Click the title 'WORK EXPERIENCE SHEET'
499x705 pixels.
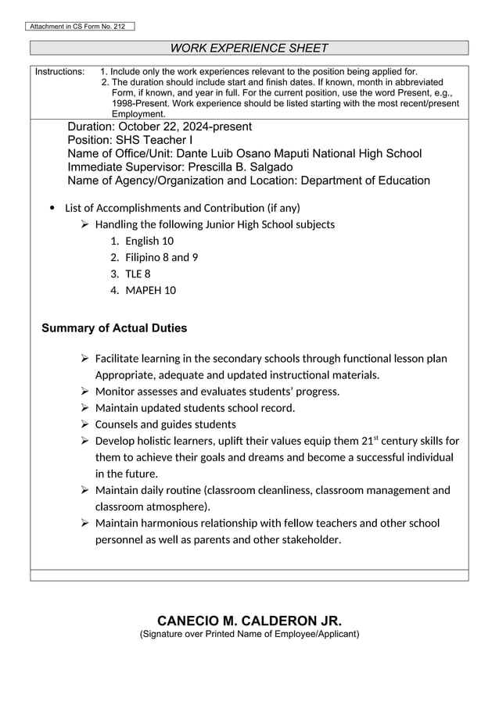point(249,48)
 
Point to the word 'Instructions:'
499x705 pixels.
point(60,71)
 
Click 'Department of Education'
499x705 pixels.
point(361,181)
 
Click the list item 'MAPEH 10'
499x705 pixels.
point(150,290)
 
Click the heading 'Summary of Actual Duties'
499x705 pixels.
point(114,327)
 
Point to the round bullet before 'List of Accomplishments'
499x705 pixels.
point(52,208)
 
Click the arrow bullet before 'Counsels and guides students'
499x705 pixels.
point(85,424)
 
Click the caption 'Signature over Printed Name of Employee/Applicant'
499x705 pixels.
point(249,633)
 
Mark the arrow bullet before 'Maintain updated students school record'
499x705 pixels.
point(85,408)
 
